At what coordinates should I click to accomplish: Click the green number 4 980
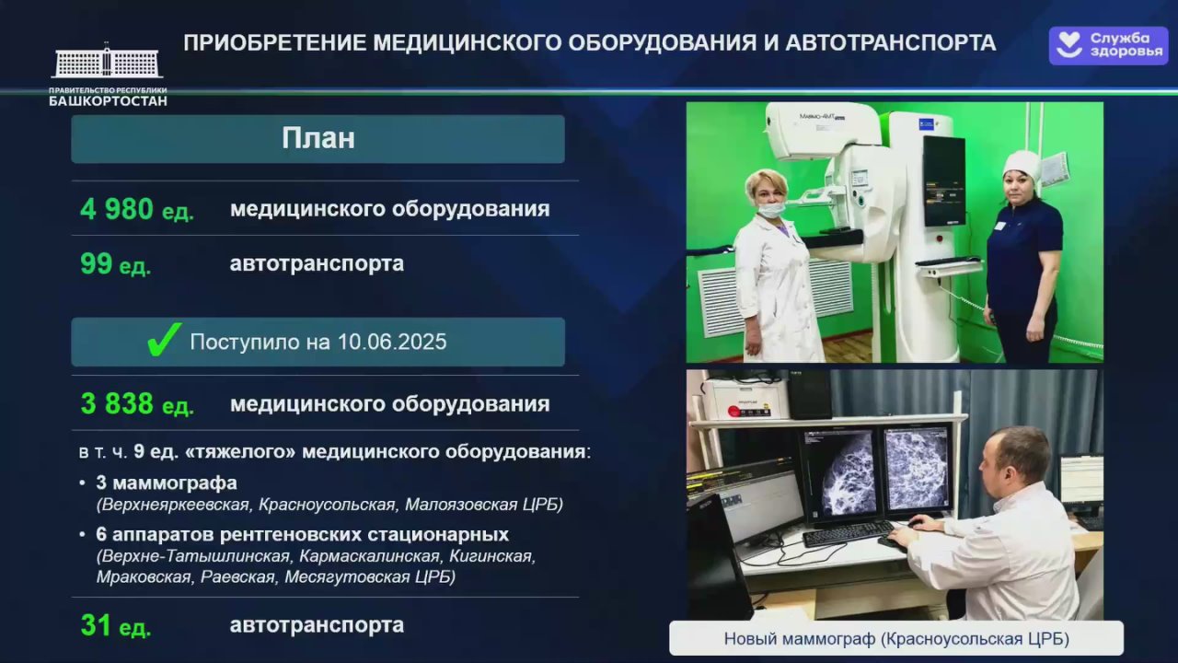(117, 209)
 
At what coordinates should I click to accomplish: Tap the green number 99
(97, 263)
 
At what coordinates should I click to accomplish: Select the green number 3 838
(117, 403)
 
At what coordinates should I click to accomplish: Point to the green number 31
(96, 625)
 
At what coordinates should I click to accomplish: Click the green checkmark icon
(164, 340)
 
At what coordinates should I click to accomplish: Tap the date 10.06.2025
(392, 342)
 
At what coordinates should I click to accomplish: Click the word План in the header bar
(318, 138)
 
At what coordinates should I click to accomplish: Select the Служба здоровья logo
(1108, 46)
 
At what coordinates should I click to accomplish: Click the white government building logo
(108, 61)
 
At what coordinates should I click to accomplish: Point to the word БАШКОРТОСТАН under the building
(109, 101)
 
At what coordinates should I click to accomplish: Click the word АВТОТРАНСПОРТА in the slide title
(890, 43)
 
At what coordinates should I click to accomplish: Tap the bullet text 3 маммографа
(167, 483)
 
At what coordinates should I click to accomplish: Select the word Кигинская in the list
(492, 556)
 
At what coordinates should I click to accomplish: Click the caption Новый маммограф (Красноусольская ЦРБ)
(896, 639)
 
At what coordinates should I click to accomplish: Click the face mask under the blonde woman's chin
(771, 209)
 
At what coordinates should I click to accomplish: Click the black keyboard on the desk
(848, 533)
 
